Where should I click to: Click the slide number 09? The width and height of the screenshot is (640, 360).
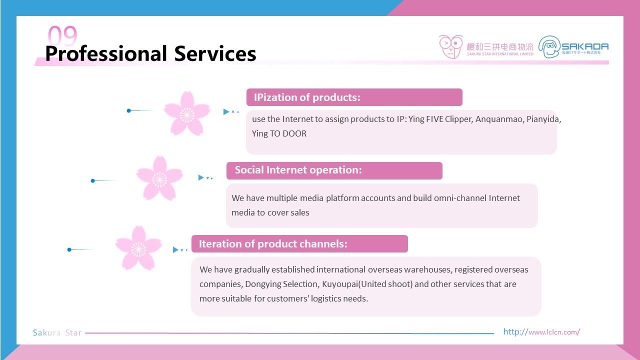click(x=62, y=35)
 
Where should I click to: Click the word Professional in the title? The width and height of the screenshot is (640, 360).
click(x=106, y=53)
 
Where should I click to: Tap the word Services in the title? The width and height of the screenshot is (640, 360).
click(x=215, y=53)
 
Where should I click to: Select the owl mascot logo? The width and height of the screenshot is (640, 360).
click(x=451, y=47)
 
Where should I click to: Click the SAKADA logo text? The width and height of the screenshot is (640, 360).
click(x=585, y=46)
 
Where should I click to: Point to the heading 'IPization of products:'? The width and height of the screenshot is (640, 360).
click(x=307, y=97)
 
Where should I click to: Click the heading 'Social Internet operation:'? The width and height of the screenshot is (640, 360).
click(x=298, y=170)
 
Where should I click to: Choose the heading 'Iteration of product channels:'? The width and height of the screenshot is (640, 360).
click(x=273, y=243)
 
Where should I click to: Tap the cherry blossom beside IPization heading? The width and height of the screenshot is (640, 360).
click(x=187, y=113)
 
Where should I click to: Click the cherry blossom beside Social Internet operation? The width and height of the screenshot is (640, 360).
click(x=159, y=178)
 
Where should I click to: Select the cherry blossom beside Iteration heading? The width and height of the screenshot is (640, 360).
click(x=138, y=248)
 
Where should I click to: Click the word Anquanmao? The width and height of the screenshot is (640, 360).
click(x=499, y=119)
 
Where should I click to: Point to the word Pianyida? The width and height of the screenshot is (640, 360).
click(x=543, y=119)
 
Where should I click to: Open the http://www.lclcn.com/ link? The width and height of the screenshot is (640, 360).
click(x=541, y=332)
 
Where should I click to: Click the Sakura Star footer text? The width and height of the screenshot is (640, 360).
click(x=57, y=332)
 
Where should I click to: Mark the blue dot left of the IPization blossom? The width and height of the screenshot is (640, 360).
click(x=129, y=110)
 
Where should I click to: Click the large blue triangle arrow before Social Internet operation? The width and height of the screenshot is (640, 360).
click(x=201, y=177)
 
